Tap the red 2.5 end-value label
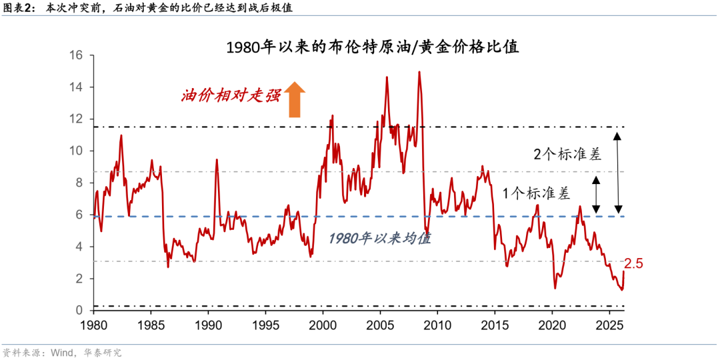click(x=633, y=265)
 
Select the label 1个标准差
click(x=537, y=194)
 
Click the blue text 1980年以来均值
click(x=381, y=238)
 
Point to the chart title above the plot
click(x=373, y=48)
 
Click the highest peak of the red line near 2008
click(x=419, y=72)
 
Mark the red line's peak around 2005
click(x=387, y=77)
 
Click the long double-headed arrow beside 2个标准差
click(x=618, y=171)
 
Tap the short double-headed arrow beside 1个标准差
click(x=596, y=194)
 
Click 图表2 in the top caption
click(x=17, y=9)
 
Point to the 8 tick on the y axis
click(x=78, y=183)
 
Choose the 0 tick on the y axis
click(x=78, y=311)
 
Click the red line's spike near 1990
click(x=217, y=160)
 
